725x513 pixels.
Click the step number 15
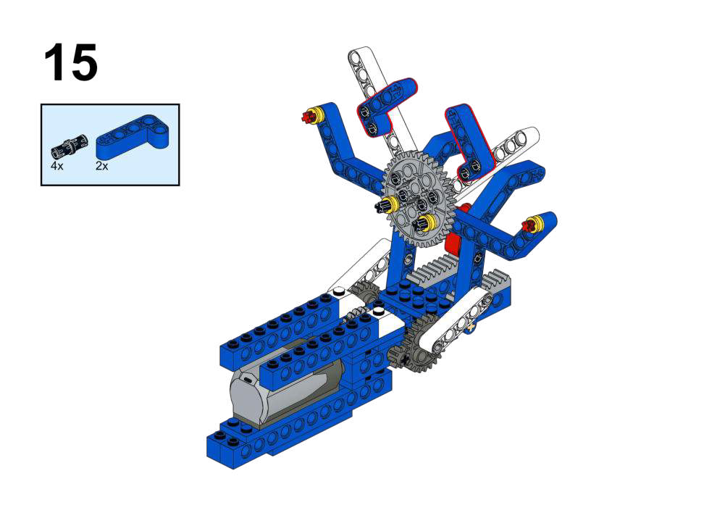tap(71, 62)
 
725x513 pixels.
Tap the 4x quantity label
tap(57, 166)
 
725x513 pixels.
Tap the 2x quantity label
tap(101, 166)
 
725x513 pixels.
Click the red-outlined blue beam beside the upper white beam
tap(385, 106)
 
